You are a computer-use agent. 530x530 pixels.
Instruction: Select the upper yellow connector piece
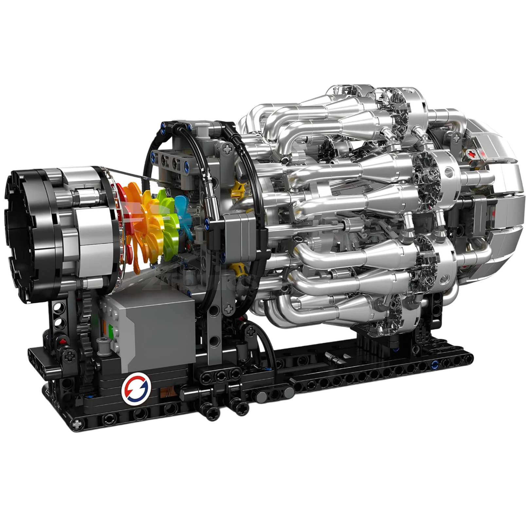tap(238, 190)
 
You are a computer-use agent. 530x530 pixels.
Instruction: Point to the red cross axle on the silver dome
tap(471, 153)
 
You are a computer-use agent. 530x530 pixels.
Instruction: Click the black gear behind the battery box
tap(88, 327)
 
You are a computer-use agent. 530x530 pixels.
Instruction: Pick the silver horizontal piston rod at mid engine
tap(311, 226)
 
